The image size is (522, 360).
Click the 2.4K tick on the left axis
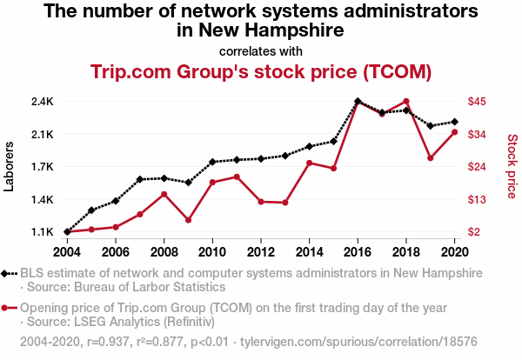click(42, 102)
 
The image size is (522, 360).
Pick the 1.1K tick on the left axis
click(42, 232)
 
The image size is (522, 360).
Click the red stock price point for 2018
click(406, 102)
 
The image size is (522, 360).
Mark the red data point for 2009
click(188, 220)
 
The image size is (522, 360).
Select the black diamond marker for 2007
click(139, 179)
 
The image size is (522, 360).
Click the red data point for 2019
click(431, 158)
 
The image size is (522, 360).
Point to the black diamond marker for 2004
click(67, 232)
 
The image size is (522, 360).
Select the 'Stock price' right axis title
click(512, 165)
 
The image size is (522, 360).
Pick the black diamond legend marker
click(7, 273)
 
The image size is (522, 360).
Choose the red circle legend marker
click(7, 308)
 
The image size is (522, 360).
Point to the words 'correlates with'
click(260, 50)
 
